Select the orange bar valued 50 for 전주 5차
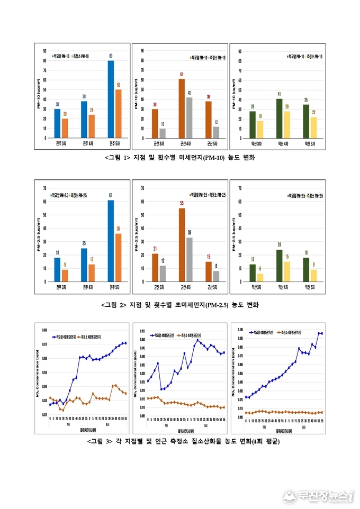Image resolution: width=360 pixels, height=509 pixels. (119, 113)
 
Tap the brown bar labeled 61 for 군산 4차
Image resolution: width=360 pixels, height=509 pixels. (182, 108)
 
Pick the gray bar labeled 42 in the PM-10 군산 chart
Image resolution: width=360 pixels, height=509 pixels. (189, 117)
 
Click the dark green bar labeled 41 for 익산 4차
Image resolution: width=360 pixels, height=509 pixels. (279, 118)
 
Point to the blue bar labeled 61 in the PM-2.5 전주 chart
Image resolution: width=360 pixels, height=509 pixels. (111, 241)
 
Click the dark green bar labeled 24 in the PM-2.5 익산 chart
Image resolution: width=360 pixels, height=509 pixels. (279, 265)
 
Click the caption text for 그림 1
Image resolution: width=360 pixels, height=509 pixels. (179, 158)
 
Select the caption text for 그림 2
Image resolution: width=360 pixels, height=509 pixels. (179, 305)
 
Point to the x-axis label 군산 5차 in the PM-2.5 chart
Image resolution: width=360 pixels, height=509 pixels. (212, 288)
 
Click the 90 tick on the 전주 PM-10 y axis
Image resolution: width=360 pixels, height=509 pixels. (44, 51)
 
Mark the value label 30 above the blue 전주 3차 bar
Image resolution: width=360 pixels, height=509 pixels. (57, 105)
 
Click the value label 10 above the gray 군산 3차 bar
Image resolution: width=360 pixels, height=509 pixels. (163, 124)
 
